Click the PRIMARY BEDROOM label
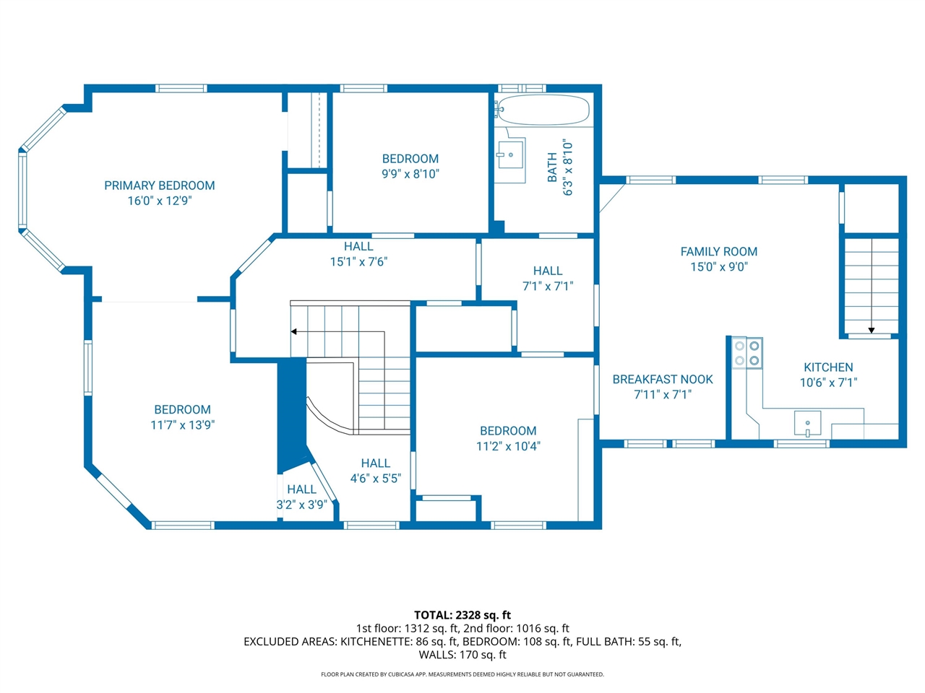pos(160,186)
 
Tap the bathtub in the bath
pos(544,110)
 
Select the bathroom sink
pos(510,154)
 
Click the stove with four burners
pos(747,353)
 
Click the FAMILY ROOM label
pos(718,251)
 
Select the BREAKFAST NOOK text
pos(663,379)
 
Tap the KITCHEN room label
pos(828,367)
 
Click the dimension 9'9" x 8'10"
pos(410,174)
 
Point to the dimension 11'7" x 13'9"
pos(182,425)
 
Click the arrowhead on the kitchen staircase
pos(872,331)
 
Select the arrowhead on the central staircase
pos(294,332)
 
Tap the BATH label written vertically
pos(553,167)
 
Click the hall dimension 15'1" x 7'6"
pos(358,261)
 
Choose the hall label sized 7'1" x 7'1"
pos(547,271)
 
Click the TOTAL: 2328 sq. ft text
pos(462,615)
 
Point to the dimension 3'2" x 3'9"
pos(301,505)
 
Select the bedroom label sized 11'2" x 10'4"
pos(508,431)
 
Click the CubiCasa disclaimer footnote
pos(462,674)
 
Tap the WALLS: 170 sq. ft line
pos(462,655)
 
